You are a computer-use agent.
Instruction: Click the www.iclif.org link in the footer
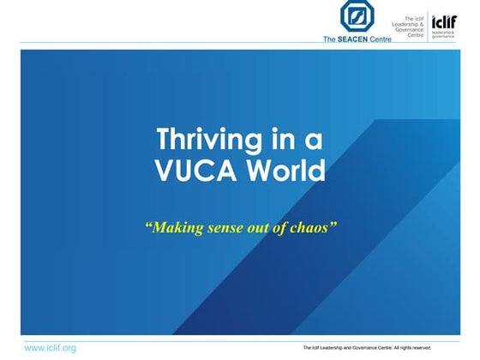(x=50, y=348)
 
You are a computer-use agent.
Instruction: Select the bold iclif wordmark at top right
(x=445, y=21)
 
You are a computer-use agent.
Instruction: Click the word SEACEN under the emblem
(x=352, y=39)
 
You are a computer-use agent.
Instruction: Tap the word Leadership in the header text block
(x=410, y=23)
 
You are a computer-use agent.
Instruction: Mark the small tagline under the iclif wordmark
(x=445, y=34)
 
